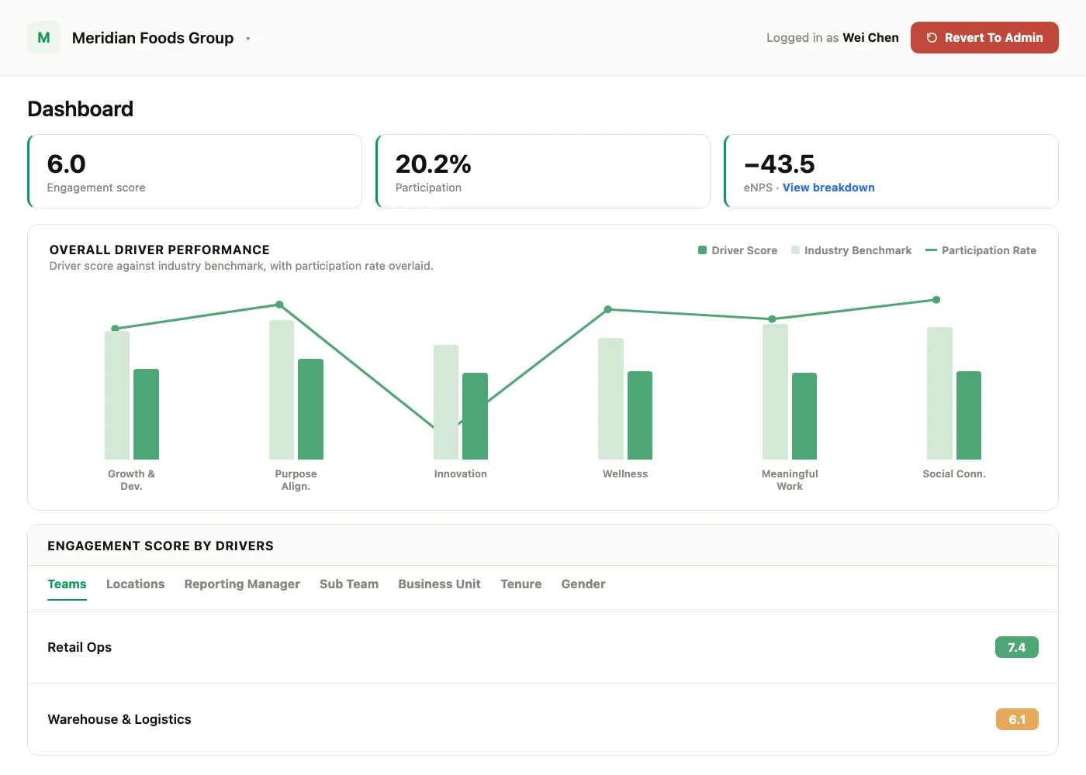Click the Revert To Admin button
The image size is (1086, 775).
[984, 37]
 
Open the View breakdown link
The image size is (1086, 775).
[828, 188]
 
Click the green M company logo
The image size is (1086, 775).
[43, 37]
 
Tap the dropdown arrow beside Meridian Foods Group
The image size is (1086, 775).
[247, 39]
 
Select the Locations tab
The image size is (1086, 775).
[135, 584]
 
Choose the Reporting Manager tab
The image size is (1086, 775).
[242, 584]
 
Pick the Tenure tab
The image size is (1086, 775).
[521, 584]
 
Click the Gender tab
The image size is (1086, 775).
[583, 584]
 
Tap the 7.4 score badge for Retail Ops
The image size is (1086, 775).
[1017, 647]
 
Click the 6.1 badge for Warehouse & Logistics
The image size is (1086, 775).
[1017, 719]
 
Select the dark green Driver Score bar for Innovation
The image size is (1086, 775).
[475, 416]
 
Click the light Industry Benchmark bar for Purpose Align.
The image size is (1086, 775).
[282, 389]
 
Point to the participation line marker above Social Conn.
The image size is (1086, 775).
[936, 300]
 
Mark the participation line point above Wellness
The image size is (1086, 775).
[608, 309]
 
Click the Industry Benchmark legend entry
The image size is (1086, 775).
[852, 250]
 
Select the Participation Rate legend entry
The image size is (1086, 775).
[981, 250]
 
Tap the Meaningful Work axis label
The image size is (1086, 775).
[790, 480]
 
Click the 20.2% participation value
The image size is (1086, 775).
[433, 164]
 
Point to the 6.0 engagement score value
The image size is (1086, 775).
[67, 164]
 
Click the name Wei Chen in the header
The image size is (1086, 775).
[870, 38]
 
